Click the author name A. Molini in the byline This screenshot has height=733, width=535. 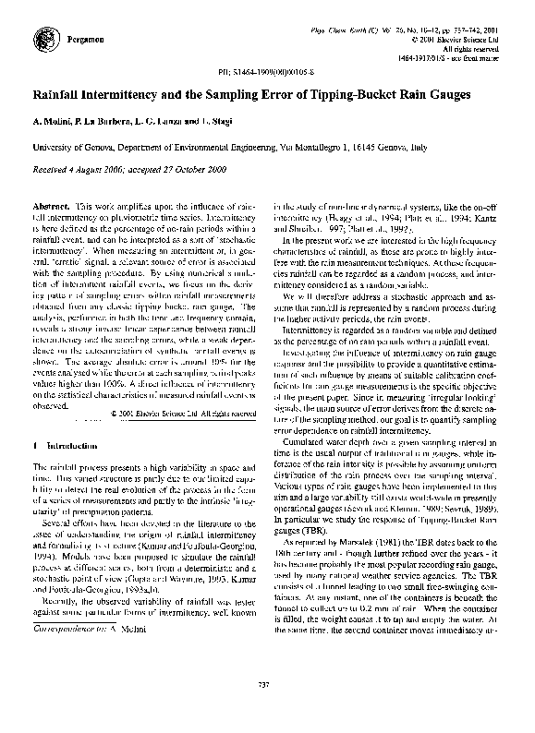tap(54, 122)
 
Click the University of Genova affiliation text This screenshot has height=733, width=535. tap(77, 146)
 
